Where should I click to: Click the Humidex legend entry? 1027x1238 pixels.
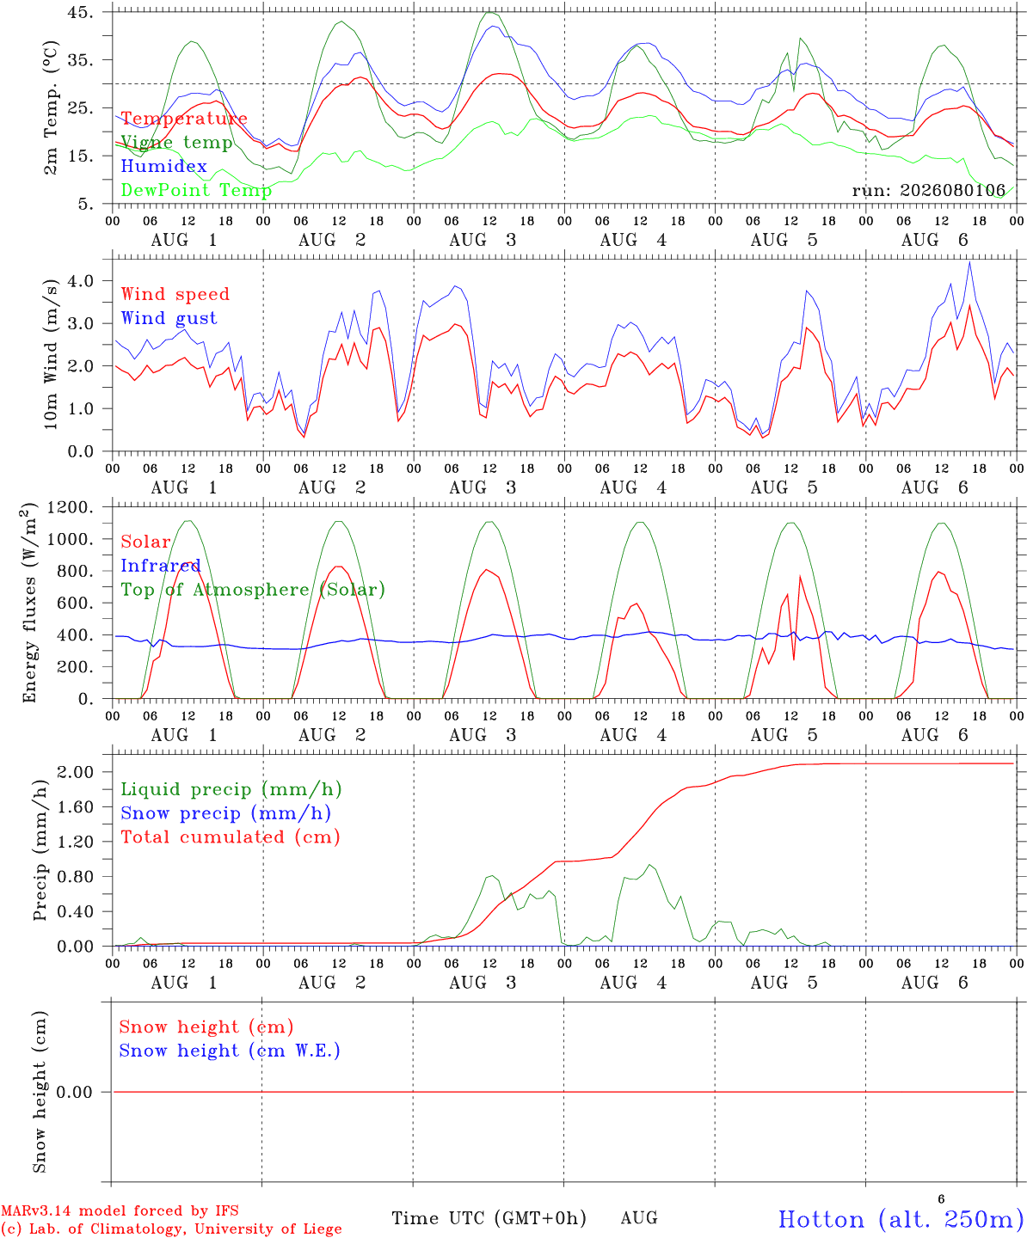pyautogui.click(x=163, y=166)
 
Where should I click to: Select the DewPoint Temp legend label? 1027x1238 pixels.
pyautogui.click(x=196, y=190)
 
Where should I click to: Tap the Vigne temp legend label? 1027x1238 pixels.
pyautogui.click(x=176, y=143)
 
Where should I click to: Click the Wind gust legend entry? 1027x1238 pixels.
pyautogui.click(x=169, y=318)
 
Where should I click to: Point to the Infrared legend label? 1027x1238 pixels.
pyautogui.click(x=161, y=566)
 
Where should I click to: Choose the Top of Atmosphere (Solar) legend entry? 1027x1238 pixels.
pyautogui.click(x=254, y=590)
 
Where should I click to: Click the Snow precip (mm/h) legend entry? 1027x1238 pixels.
pyautogui.click(x=226, y=813)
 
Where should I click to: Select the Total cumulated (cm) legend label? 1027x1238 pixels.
pyautogui.click(x=231, y=837)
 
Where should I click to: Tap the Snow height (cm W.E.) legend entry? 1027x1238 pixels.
pyautogui.click(x=230, y=1051)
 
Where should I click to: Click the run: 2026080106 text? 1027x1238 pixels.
pyautogui.click(x=928, y=190)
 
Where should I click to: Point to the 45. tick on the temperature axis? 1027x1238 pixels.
pyautogui.click(x=80, y=12)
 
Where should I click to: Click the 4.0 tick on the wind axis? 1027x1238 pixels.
pyautogui.click(x=81, y=281)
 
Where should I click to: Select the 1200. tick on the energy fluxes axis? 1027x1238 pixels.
pyautogui.click(x=71, y=507)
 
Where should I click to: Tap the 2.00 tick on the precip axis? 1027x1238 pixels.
pyautogui.click(x=76, y=772)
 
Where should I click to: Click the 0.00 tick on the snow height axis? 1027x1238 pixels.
pyautogui.click(x=74, y=1092)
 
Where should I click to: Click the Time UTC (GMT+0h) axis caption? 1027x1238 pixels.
pyautogui.click(x=489, y=1218)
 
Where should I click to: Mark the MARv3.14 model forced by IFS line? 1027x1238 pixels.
pyautogui.click(x=120, y=1210)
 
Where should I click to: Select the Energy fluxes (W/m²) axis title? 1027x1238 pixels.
pyautogui.click(x=29, y=603)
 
